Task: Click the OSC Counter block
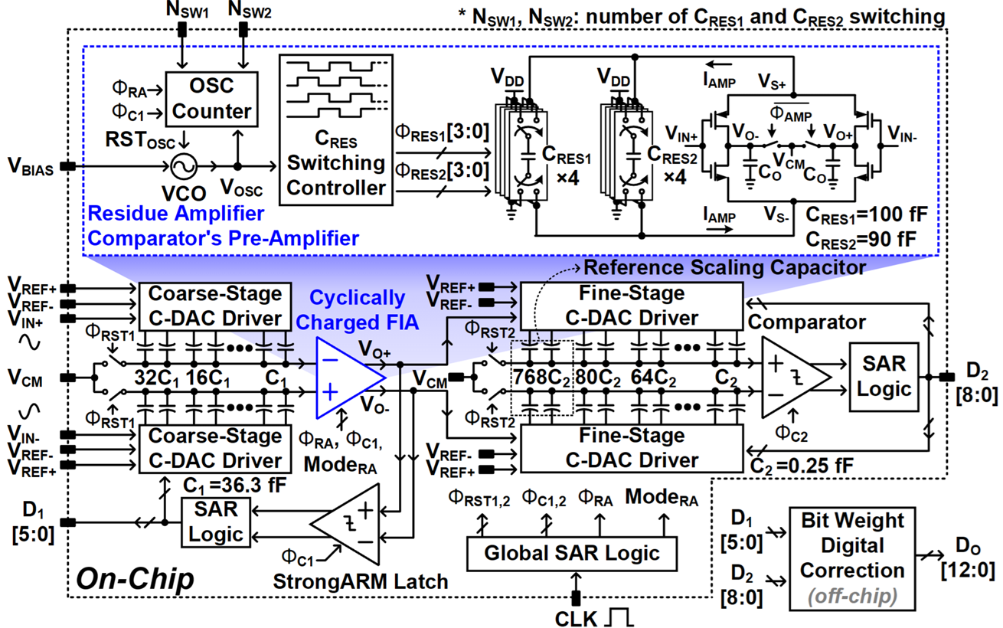point(211,100)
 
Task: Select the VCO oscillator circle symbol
point(185,166)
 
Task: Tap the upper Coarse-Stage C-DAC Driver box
point(215,306)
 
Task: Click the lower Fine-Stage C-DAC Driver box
point(632,447)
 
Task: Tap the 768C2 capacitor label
point(544,378)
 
